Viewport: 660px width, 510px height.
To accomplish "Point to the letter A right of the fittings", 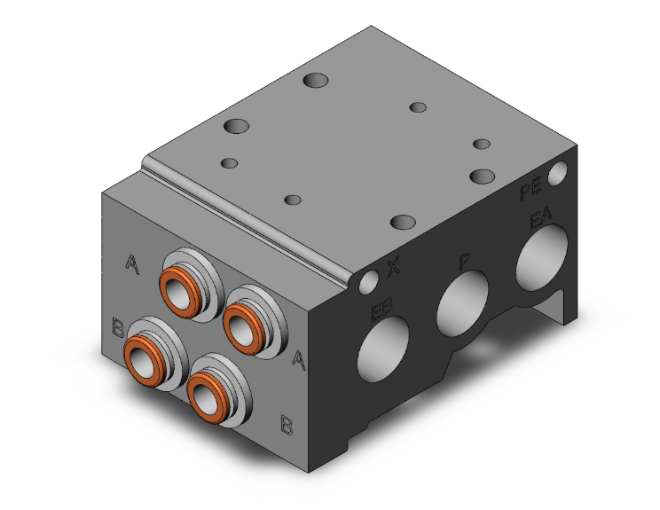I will tap(300, 358).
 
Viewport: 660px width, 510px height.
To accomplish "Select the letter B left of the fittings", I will tap(118, 326).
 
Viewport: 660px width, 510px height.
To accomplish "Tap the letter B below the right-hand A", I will tap(287, 424).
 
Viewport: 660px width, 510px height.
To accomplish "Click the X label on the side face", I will tap(394, 265).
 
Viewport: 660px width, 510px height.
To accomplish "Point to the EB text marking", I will tap(383, 311).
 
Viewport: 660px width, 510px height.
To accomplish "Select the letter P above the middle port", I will tap(463, 261).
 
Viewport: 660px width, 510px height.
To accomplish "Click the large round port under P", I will tap(462, 300).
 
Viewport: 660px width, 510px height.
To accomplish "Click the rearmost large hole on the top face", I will tap(315, 81).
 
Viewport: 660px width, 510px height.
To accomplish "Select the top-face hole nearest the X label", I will tap(403, 222).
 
